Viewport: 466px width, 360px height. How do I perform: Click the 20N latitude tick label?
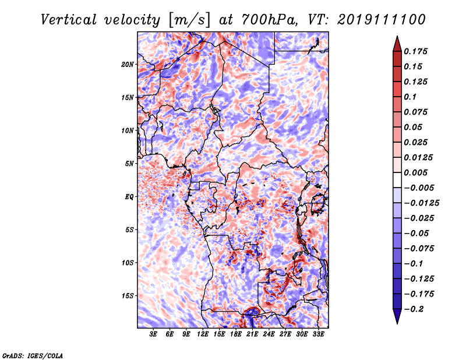pos(128,64)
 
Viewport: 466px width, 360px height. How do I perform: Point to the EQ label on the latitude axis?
pos(129,197)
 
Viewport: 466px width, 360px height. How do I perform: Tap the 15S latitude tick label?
pos(128,296)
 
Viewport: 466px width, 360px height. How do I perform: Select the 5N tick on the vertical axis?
pos(129,164)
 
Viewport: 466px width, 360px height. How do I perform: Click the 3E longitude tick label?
pos(154,334)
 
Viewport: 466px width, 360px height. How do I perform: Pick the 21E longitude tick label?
pos(252,334)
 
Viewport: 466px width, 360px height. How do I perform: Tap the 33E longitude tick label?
pos(318,334)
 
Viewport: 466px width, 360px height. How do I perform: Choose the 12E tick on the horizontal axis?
pos(203,334)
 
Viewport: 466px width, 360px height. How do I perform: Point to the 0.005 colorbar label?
pos(418,172)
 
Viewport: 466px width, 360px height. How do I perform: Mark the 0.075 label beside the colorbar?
pos(418,112)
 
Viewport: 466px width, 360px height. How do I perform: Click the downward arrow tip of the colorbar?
pos(397,322)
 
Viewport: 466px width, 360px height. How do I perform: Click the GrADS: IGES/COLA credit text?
pos(33,355)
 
